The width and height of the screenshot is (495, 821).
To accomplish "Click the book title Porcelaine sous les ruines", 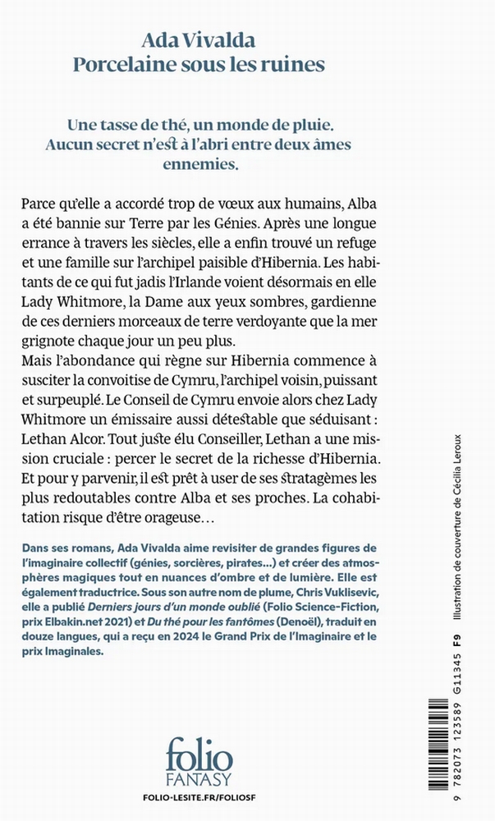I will coord(246,64).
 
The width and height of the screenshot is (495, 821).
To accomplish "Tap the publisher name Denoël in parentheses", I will coord(323,625).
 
